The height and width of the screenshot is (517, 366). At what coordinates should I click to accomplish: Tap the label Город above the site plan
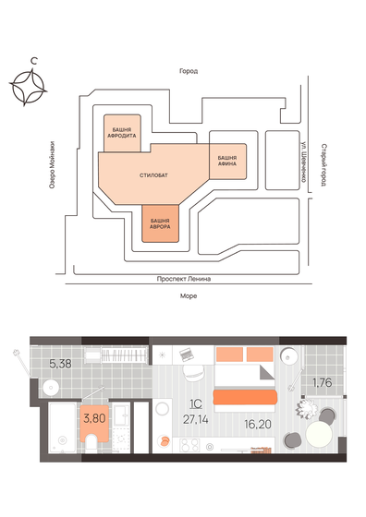[189, 71]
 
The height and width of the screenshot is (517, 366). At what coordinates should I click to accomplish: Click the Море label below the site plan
[189, 295]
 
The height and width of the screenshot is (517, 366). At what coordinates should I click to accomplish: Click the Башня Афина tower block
[228, 161]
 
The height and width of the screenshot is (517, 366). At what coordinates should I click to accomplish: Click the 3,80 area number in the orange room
[93, 417]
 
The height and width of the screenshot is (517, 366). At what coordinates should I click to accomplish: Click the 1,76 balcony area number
[321, 381]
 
